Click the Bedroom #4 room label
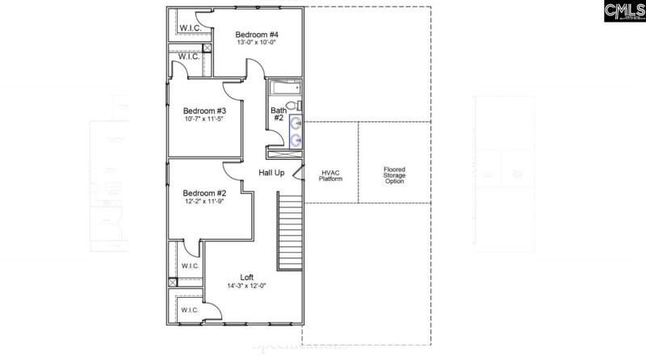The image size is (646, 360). (258, 35)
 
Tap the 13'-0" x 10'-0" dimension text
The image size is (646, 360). (258, 43)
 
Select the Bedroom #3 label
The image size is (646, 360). (204, 111)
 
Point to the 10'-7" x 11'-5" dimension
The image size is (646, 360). (204, 119)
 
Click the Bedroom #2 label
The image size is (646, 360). (203, 193)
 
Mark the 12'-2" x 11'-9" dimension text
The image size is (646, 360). (203, 201)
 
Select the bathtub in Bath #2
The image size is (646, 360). (283, 88)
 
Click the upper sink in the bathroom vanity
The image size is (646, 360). (296, 123)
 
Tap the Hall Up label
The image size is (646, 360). (271, 174)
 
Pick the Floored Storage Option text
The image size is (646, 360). (395, 175)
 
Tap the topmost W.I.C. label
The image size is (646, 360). (191, 27)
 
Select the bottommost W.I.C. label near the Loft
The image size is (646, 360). (190, 309)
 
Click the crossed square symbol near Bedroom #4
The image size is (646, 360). (208, 48)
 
